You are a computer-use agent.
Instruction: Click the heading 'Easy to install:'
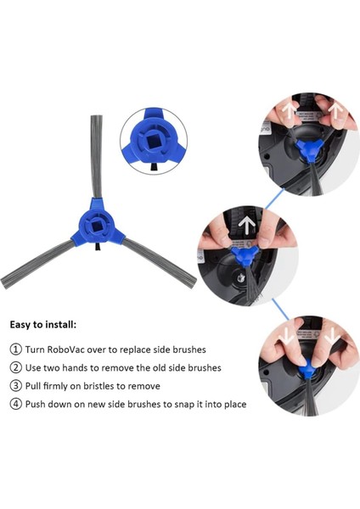pyautogui.click(x=42, y=324)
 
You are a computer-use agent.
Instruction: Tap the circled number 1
pyautogui.click(x=16, y=350)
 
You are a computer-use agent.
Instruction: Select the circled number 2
pyautogui.click(x=16, y=367)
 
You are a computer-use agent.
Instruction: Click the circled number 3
pyautogui.click(x=16, y=386)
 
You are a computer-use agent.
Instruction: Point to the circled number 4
pyautogui.click(x=16, y=404)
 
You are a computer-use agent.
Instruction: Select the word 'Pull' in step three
pyautogui.click(x=37, y=386)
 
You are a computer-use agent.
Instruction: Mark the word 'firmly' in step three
pyautogui.click(x=65, y=386)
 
